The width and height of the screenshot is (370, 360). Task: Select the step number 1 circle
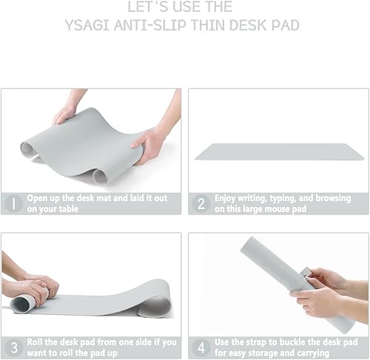coord(13,203)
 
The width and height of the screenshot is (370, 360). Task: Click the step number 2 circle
coord(200,203)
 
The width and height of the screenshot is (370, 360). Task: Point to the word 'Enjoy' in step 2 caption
coord(227,198)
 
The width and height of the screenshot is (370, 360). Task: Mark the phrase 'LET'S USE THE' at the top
coord(181,7)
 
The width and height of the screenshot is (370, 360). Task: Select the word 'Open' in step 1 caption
coord(38,198)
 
